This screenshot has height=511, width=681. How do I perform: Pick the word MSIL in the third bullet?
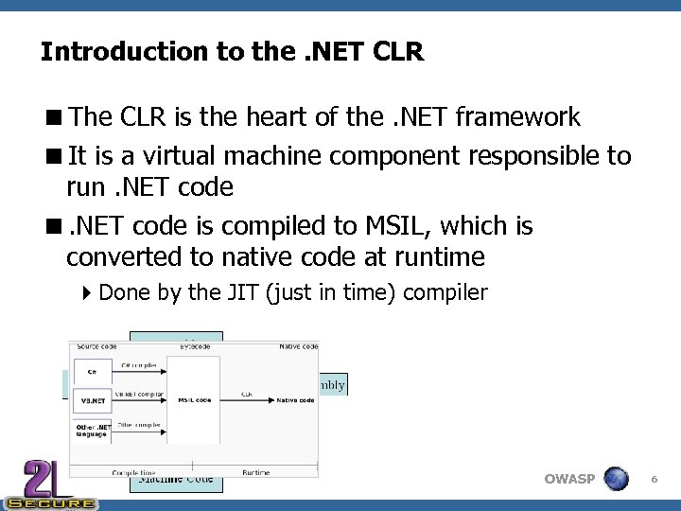point(385,226)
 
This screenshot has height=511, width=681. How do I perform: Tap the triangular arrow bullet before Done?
point(88,292)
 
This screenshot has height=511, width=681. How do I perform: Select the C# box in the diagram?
point(92,372)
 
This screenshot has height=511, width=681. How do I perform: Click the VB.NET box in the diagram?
point(92,400)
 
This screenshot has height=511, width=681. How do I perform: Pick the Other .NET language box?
point(92,431)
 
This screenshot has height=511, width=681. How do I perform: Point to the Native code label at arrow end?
point(294,400)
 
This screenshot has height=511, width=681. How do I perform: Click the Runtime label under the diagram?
point(255,472)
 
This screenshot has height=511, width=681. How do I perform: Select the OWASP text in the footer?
point(569,479)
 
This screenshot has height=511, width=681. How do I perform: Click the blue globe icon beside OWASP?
point(616,479)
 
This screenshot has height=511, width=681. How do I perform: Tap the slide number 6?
point(654,481)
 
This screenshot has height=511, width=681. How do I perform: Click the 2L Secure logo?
point(47,485)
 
